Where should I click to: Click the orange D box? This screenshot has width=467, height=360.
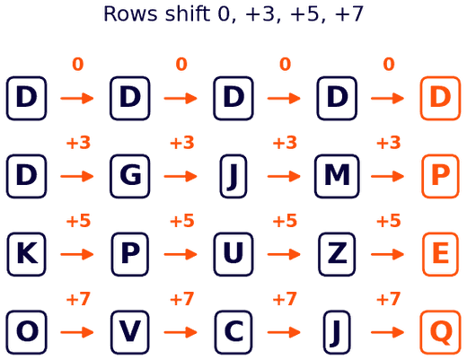click(440, 98)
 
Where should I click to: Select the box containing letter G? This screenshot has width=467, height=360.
click(130, 176)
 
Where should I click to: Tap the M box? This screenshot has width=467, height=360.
click(337, 176)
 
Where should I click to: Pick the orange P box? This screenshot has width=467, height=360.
click(440, 176)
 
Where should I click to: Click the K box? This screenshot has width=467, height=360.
click(26, 254)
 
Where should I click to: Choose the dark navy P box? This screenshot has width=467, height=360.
click(130, 254)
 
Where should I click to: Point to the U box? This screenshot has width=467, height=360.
click(233, 254)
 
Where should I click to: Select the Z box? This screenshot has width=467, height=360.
click(337, 254)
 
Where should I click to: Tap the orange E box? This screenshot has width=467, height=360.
click(440, 254)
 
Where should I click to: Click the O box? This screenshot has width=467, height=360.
click(26, 332)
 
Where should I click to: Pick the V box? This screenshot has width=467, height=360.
click(130, 332)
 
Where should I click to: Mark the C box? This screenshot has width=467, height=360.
click(233, 332)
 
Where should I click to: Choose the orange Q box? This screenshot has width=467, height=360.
click(440, 332)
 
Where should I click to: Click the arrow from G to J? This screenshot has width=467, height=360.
click(181, 176)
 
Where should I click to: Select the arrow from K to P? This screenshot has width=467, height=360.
click(77, 254)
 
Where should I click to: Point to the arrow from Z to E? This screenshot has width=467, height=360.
click(388, 254)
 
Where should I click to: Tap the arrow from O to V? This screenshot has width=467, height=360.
click(77, 332)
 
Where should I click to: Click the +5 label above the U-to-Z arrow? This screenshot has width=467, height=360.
click(285, 221)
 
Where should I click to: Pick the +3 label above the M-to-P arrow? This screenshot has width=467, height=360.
click(388, 143)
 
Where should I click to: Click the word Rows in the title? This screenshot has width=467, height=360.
click(130, 14)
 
